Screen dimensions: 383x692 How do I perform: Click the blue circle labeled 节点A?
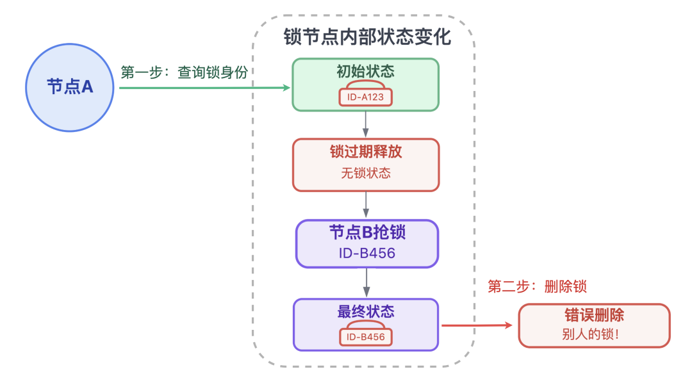pyautogui.click(x=70, y=87)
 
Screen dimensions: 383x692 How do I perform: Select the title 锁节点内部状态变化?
pyautogui.click(x=367, y=37)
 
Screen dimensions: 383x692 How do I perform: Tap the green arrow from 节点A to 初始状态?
pyautogui.click(x=205, y=87)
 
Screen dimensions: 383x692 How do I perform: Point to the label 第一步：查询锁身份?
pyautogui.click(x=184, y=72)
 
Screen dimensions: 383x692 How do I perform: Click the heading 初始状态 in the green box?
pyautogui.click(x=365, y=71)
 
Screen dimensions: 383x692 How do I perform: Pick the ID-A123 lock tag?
pyautogui.click(x=365, y=97)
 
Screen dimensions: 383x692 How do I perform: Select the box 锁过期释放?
pyautogui.click(x=366, y=165)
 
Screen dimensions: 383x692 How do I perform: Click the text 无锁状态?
pyautogui.click(x=366, y=173)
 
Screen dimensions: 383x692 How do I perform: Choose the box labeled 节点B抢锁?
pyautogui.click(x=367, y=243)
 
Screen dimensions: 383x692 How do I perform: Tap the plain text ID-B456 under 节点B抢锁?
pyautogui.click(x=367, y=253)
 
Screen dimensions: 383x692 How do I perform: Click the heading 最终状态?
pyautogui.click(x=365, y=312)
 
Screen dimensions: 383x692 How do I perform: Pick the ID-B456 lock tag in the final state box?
pyautogui.click(x=365, y=337)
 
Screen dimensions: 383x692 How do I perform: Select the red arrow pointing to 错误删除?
pyautogui.click(x=477, y=325)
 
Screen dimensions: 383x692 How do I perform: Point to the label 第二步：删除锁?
pyautogui.click(x=537, y=287)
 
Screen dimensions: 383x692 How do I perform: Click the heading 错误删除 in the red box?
pyautogui.click(x=594, y=316)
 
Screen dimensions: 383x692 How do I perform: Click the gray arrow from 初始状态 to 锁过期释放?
pyautogui.click(x=366, y=124)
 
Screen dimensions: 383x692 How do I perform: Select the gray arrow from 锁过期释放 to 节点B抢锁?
pyautogui.click(x=366, y=205)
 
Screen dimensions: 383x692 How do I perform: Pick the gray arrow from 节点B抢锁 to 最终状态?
pyautogui.click(x=366, y=282)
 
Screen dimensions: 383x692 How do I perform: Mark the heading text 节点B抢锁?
pyautogui.click(x=367, y=232)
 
